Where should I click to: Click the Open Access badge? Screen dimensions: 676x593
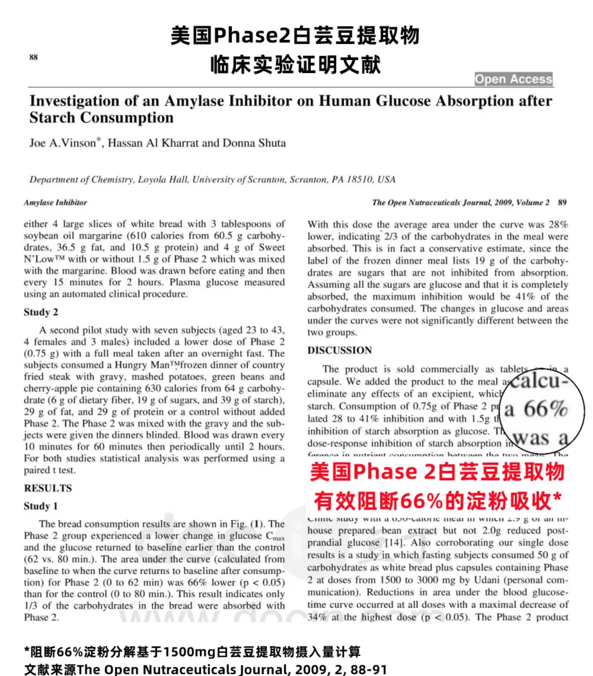click(513, 79)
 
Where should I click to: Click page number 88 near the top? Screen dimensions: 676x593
click(34, 57)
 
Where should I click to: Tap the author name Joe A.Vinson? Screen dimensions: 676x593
click(63, 143)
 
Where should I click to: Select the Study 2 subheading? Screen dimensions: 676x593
click(41, 312)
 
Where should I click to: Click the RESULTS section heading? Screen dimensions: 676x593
click(48, 488)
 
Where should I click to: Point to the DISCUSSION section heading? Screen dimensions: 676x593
click(339, 350)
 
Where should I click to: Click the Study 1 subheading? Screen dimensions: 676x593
click(41, 506)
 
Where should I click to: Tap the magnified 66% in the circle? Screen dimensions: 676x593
click(546, 409)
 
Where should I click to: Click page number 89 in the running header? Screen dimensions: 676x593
click(562, 202)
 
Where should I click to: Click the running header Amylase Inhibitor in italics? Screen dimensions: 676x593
click(55, 202)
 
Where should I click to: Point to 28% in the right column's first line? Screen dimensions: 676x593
click(558, 224)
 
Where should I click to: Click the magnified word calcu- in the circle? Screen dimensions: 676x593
click(540, 381)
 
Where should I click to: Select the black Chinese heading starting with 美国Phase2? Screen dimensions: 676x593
click(295, 35)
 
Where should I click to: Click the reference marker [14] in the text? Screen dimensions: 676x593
click(394, 543)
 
